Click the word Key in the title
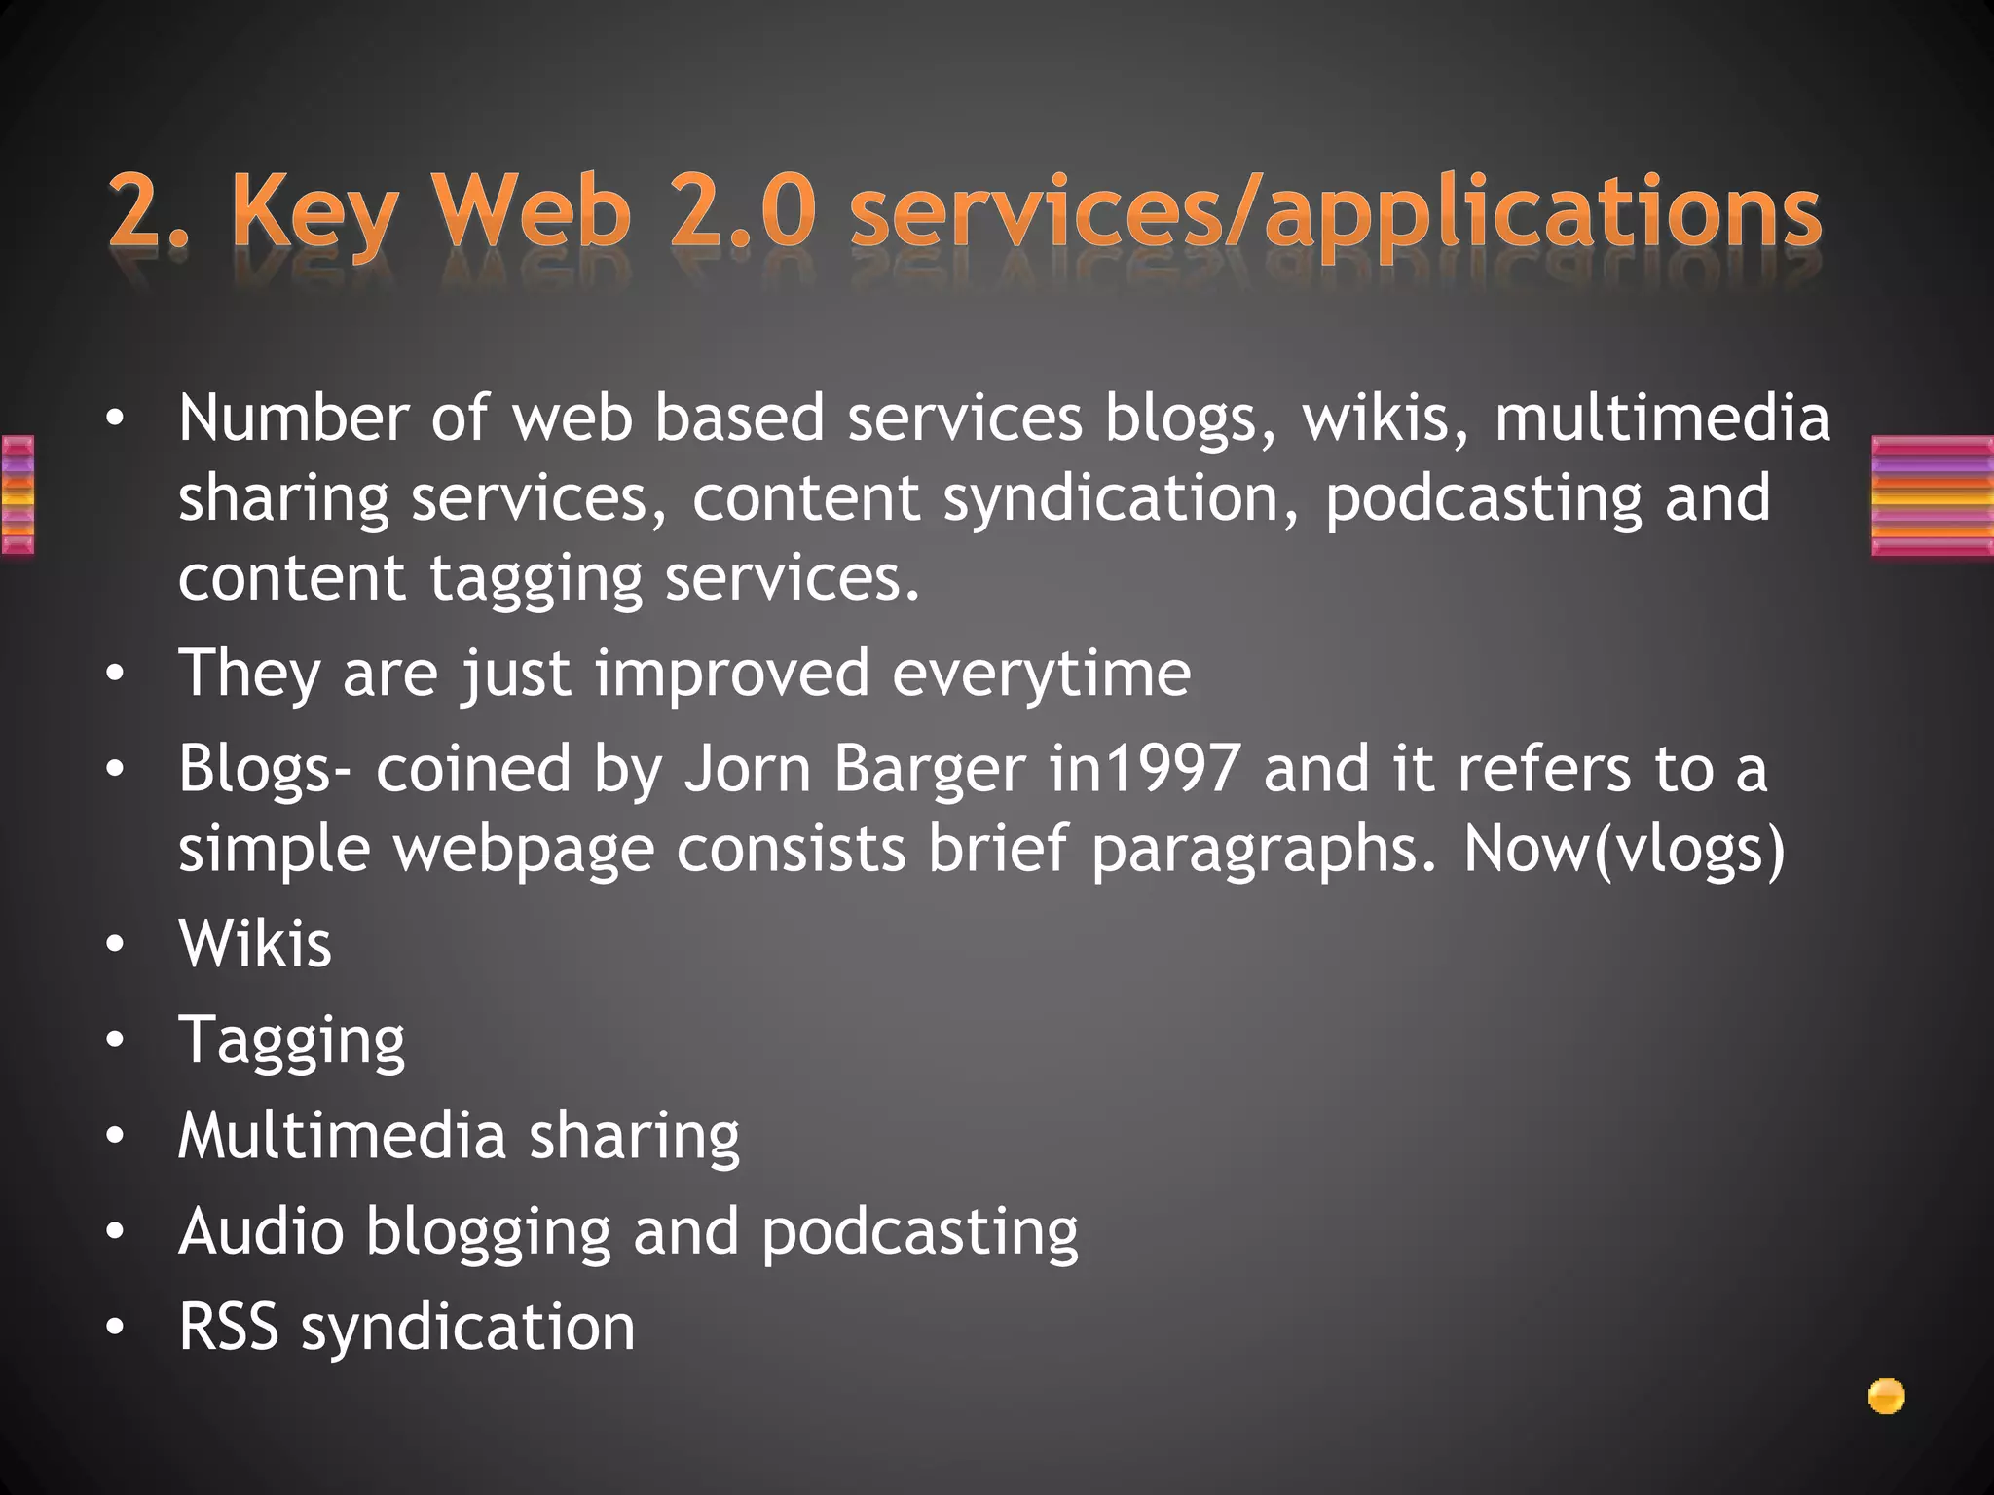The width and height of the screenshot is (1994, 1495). (314, 212)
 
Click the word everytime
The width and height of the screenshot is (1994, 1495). (1041, 674)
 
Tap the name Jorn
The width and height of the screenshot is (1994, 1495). (747, 769)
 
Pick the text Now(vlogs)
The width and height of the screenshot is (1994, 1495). (1623, 851)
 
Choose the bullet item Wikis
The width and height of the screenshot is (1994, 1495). (255, 944)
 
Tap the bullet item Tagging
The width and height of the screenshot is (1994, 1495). (291, 1041)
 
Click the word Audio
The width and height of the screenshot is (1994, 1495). (261, 1231)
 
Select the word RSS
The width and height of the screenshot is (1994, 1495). (228, 1327)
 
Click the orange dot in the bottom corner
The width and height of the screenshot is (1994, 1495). (1886, 1397)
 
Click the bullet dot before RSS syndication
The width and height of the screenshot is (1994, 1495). (116, 1328)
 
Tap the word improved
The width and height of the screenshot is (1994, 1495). (731, 674)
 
